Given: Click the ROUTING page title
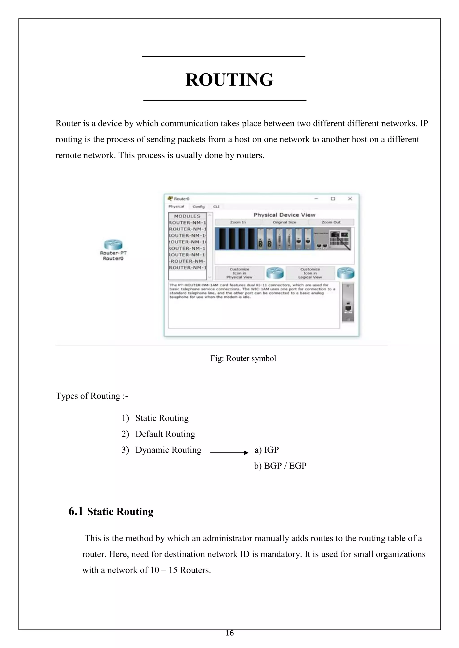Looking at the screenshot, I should pyautogui.click(x=229, y=80).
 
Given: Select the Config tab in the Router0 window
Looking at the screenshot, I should pyautogui.click(x=198, y=207).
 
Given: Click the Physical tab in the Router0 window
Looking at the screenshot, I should pyautogui.click(x=176, y=207).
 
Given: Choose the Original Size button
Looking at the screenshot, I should pyautogui.click(x=284, y=222).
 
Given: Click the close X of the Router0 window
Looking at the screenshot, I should pyautogui.click(x=350, y=199).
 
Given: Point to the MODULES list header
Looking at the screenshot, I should pyautogui.click(x=187, y=216).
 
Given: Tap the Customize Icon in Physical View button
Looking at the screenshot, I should pyautogui.click(x=239, y=273).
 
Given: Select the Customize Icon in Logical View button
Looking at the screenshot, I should pyautogui.click(x=310, y=273).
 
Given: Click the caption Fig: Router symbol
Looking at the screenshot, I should pyautogui.click(x=243, y=358).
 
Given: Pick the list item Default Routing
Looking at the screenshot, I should pyautogui.click(x=165, y=434).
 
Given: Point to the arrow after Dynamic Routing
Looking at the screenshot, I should pyautogui.click(x=229, y=453).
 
